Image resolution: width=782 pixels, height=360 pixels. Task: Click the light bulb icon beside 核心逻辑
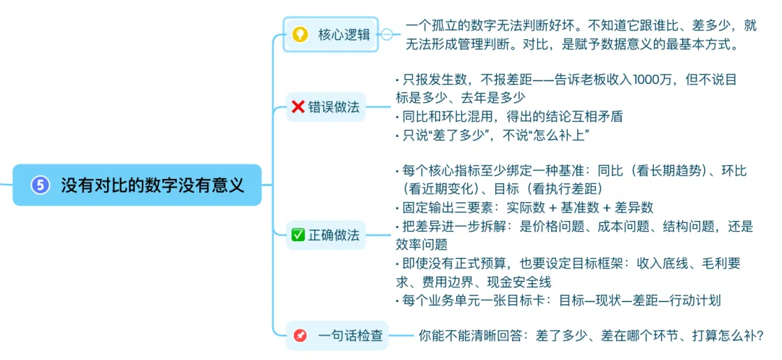click(x=299, y=35)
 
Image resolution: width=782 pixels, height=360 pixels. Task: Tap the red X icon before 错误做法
click(x=298, y=107)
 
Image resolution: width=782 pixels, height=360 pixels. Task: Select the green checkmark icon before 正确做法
click(x=298, y=235)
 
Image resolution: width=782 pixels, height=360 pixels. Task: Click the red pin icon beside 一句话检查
click(x=299, y=335)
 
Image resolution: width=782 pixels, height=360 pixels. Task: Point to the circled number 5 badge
click(x=41, y=185)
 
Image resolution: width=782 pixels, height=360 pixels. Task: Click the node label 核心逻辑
click(x=344, y=35)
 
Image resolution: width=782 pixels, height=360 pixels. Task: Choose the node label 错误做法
click(x=334, y=107)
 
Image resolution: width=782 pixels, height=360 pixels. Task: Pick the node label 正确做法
click(x=334, y=235)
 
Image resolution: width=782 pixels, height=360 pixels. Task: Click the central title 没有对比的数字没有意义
click(x=152, y=185)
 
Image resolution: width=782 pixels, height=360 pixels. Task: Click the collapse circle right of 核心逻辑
click(x=387, y=35)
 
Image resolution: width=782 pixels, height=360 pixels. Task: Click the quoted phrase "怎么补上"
click(x=566, y=134)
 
